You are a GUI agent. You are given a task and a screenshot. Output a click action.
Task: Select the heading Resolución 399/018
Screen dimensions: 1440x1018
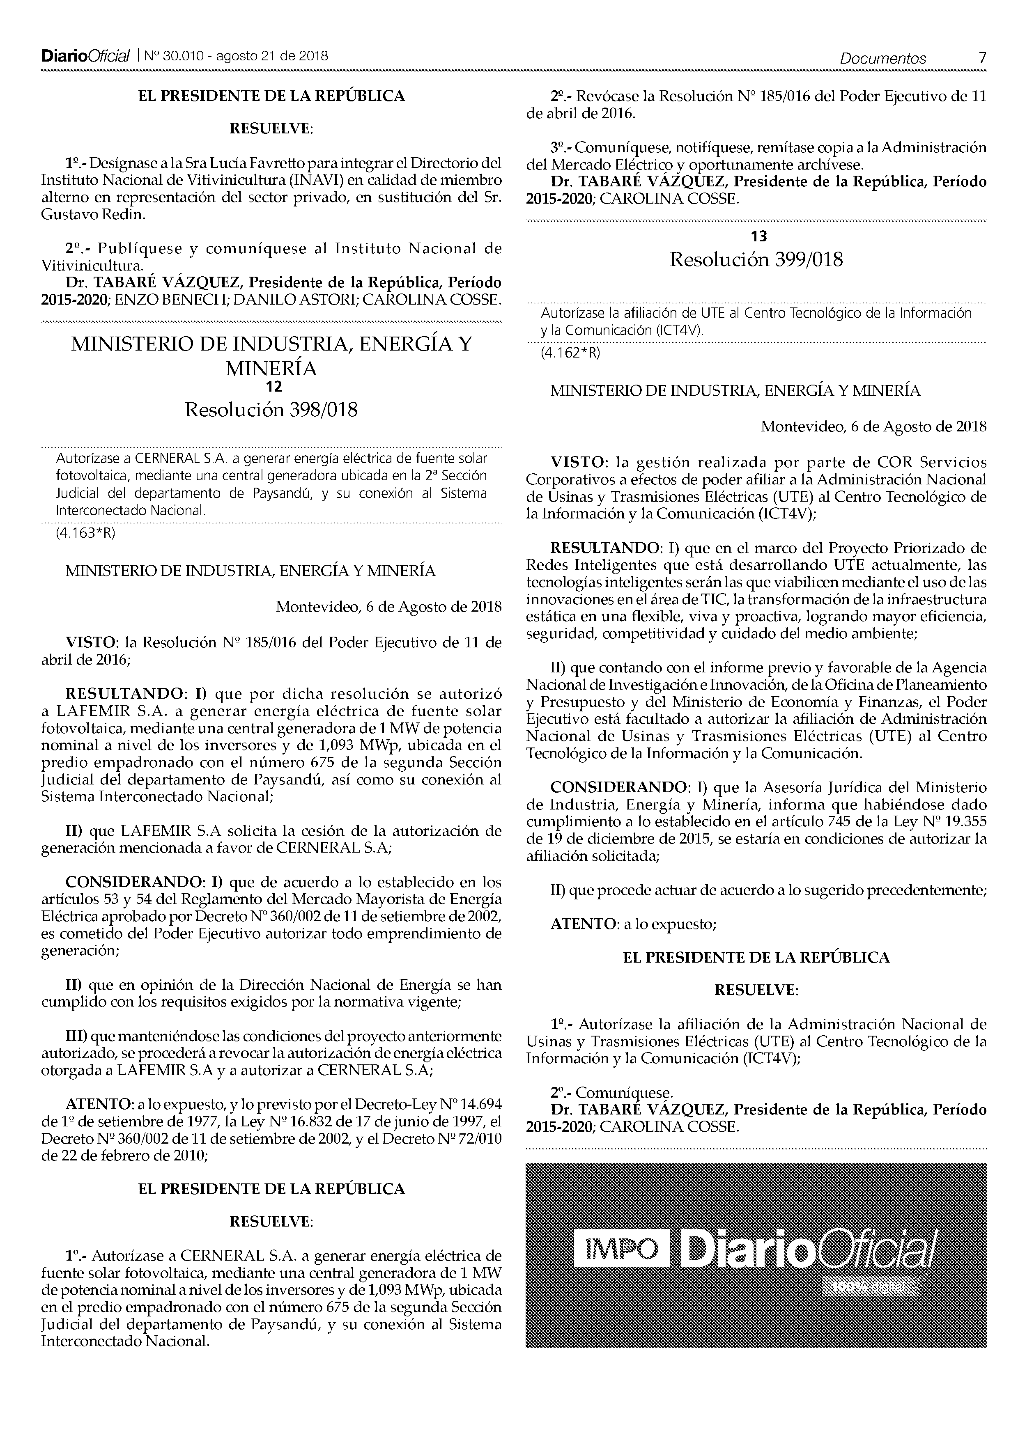pos(756,260)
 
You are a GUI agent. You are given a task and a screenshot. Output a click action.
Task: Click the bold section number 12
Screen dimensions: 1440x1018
pos(273,387)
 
